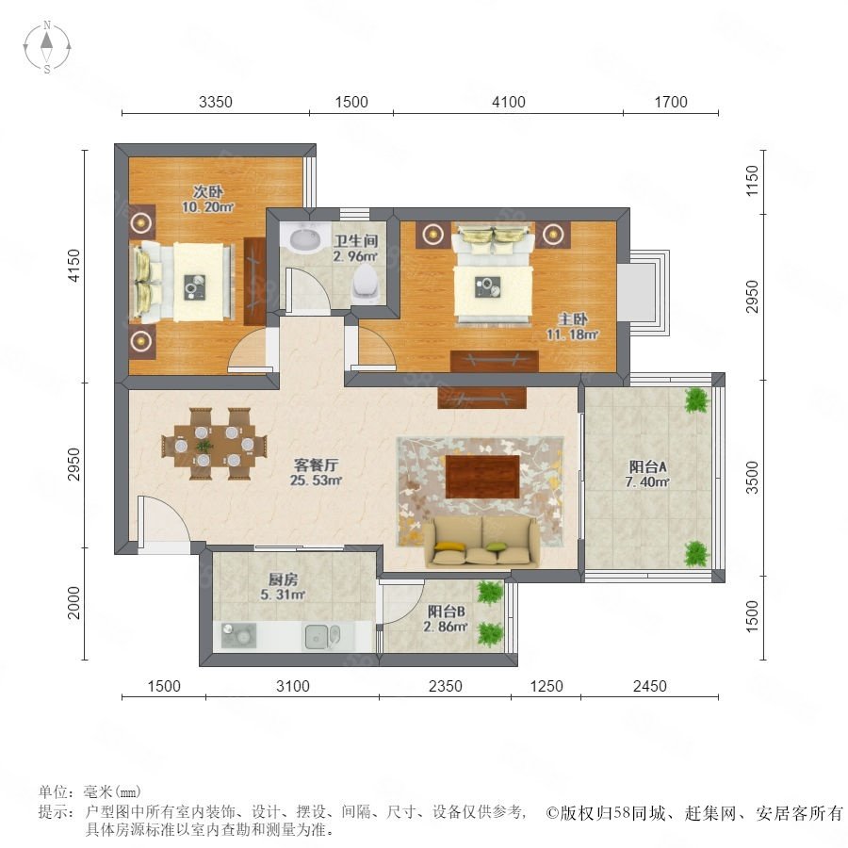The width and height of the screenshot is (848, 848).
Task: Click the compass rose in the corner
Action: click(x=47, y=46)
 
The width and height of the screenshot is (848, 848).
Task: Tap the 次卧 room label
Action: click(x=208, y=191)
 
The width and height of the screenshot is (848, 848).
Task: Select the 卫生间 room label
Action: click(x=355, y=240)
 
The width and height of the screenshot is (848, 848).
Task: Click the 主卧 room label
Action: click(x=573, y=319)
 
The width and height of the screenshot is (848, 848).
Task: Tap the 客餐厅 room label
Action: click(x=316, y=465)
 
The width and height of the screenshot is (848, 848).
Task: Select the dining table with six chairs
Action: click(x=215, y=445)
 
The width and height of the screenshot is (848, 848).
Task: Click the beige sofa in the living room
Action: click(x=481, y=542)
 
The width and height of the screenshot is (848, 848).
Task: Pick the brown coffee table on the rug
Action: click(x=482, y=476)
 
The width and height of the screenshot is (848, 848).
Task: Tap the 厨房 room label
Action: click(x=283, y=579)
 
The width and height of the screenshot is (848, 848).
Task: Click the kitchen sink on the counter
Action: click(x=322, y=636)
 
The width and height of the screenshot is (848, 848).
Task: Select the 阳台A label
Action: click(x=647, y=466)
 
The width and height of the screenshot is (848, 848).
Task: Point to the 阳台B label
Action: click(x=447, y=612)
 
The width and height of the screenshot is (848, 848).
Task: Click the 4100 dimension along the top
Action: click(x=509, y=102)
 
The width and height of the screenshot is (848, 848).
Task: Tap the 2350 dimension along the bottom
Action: click(x=445, y=686)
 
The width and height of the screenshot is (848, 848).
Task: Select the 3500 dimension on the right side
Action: click(x=752, y=478)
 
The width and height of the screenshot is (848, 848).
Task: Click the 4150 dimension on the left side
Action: click(x=73, y=266)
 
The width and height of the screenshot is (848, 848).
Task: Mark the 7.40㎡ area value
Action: click(x=647, y=481)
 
